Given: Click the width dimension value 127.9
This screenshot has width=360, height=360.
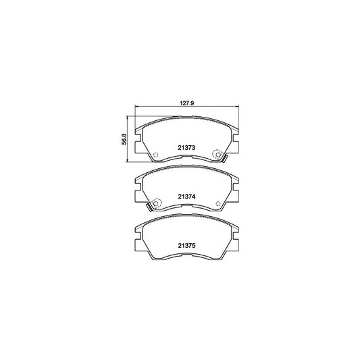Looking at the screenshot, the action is [186, 103].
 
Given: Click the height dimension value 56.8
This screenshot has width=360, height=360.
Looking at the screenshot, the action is [124, 139].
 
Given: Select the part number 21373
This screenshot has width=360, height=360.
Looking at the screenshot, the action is [186, 148].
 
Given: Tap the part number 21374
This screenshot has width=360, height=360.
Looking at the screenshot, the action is [186, 197].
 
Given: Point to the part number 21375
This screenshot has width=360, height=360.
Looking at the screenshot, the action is [186, 246].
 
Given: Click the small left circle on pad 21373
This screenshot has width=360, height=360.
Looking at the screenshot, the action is [155, 155].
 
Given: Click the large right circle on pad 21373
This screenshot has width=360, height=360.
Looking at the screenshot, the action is [218, 155].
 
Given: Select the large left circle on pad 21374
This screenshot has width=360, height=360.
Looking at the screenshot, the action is [156, 203].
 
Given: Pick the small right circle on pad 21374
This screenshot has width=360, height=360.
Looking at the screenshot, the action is [218, 204].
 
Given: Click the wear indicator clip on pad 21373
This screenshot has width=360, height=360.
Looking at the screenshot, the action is [225, 159].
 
